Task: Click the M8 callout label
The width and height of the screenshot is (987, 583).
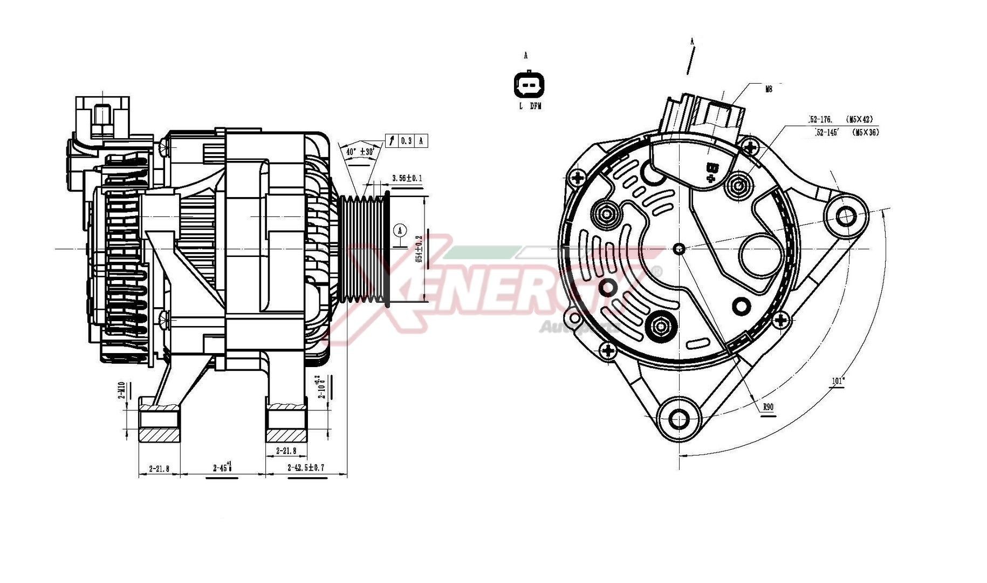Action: [x=769, y=89]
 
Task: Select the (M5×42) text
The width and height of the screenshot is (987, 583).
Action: [x=859, y=119]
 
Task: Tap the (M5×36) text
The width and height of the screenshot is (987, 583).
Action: [x=865, y=132]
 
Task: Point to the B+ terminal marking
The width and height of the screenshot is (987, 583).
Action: [x=712, y=172]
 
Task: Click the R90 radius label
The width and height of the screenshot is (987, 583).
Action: [x=769, y=407]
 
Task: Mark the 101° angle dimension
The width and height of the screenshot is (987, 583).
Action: [x=838, y=381]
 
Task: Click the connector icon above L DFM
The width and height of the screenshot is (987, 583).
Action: [x=529, y=85]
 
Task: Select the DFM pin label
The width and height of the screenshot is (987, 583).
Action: [x=535, y=106]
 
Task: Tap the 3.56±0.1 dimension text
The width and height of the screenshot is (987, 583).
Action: [x=407, y=178]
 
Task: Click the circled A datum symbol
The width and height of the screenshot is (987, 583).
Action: [x=400, y=231]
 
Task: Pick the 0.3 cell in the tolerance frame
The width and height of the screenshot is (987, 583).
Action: [x=406, y=141]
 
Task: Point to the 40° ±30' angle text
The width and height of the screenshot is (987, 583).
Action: [x=360, y=152]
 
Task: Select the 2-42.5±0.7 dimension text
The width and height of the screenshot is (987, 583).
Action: [x=306, y=467]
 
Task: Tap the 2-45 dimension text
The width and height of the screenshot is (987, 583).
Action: [x=222, y=467]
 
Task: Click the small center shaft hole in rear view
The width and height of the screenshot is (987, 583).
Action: [x=680, y=249]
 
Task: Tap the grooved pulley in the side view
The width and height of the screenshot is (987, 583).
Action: [x=364, y=249]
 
